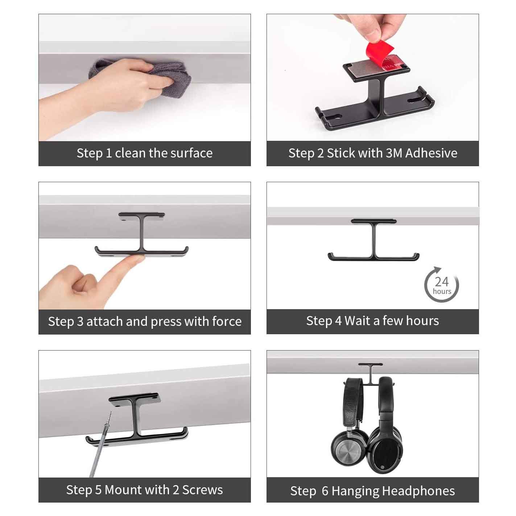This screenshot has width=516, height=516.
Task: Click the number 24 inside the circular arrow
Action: click(442, 282)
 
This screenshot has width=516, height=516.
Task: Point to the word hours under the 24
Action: click(442, 291)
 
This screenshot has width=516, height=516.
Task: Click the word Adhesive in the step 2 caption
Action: click(431, 153)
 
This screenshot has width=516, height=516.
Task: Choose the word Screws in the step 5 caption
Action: click(202, 490)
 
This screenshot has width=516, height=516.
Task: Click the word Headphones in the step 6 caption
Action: click(420, 491)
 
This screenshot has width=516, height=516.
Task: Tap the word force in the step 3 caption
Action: click(227, 321)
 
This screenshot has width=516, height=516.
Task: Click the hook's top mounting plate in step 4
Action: click(373, 221)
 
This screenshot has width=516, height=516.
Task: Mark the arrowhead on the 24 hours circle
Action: click(437, 269)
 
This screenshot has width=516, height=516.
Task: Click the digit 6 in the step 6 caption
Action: click(325, 491)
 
